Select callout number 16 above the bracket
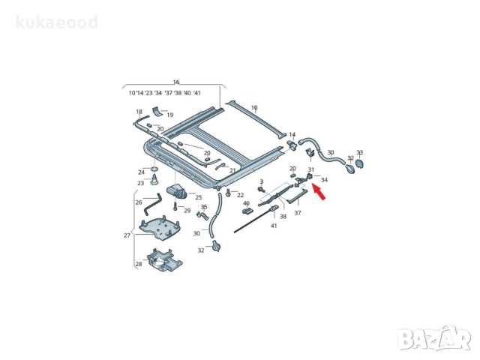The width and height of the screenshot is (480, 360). [176, 82]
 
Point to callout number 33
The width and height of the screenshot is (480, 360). [359, 152]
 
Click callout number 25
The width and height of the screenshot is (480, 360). [199, 197]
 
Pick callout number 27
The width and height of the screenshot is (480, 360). [127, 235]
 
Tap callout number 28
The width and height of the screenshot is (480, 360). [138, 264]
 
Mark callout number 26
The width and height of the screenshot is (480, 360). [138, 202]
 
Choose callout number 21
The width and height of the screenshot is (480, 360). [232, 171]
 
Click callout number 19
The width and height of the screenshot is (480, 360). [170, 115]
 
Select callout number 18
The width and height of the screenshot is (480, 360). [139, 112]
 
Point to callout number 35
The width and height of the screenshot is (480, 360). [203, 206]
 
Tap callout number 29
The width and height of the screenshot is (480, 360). [187, 211]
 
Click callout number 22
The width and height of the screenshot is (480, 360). [240, 195]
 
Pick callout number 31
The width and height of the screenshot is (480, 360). [310, 169]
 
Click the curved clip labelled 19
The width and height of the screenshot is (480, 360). [158, 113]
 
